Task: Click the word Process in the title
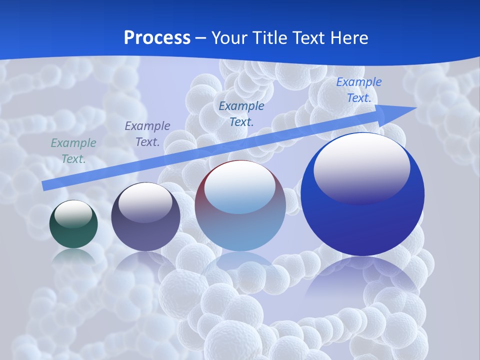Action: pyautogui.click(x=157, y=37)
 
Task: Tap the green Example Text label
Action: pyautogui.click(x=73, y=151)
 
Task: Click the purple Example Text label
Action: pyautogui.click(x=147, y=134)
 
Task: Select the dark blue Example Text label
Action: pyautogui.click(x=241, y=113)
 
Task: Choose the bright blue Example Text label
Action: pyautogui.click(x=358, y=90)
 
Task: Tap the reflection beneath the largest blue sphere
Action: pyautogui.click(x=362, y=280)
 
